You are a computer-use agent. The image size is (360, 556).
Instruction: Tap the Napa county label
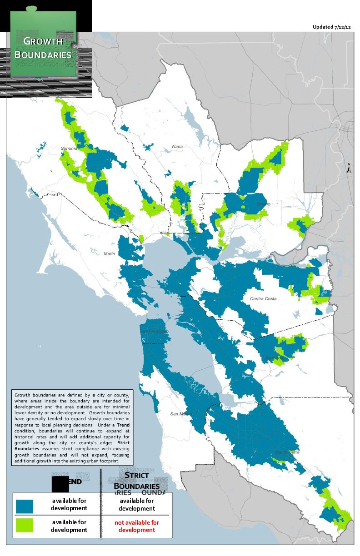point(177,146)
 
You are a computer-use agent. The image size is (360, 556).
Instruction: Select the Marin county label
point(110,253)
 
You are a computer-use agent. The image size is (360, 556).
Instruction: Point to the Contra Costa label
point(263,298)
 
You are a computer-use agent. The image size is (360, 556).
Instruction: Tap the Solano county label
point(263,204)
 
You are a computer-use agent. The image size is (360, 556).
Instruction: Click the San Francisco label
point(155,332)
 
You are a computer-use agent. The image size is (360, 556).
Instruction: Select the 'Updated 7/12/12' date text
point(332,27)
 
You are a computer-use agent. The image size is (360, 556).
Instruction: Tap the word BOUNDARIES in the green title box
point(43,55)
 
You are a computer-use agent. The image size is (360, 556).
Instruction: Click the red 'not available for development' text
point(137,526)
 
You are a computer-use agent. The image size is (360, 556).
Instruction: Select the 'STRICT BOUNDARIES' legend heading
point(136,480)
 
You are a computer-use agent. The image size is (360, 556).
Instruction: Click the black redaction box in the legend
point(60,484)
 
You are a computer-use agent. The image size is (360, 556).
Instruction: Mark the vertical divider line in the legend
point(100,500)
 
